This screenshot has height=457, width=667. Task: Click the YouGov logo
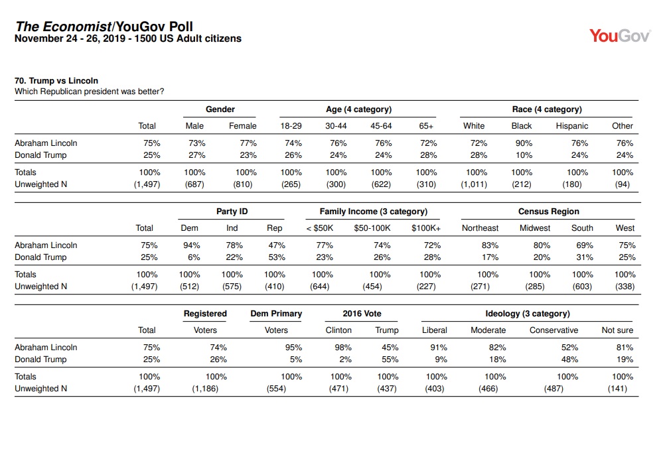tap(620, 36)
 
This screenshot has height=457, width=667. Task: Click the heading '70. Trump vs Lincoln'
tap(56, 81)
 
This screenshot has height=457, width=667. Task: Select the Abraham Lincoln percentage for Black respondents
tap(524, 143)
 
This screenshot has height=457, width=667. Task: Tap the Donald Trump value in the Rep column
tap(277, 257)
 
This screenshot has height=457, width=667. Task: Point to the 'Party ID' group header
tap(232, 212)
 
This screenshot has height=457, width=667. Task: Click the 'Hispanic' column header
tap(571, 126)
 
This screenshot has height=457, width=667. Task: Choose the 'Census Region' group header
tap(548, 212)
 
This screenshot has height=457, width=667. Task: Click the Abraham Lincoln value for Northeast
tap(490, 245)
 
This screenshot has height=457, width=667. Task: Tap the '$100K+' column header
tap(426, 228)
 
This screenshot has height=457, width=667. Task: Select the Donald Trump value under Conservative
tap(569, 359)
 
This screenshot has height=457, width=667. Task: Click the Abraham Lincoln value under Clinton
tap(343, 348)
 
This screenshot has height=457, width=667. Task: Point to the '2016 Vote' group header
tap(362, 314)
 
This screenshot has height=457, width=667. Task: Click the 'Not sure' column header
tap(617, 330)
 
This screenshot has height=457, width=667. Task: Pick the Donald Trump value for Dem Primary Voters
tap(295, 359)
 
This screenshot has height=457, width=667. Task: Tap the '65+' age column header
tap(426, 126)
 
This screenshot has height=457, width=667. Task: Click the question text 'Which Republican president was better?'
tap(90, 92)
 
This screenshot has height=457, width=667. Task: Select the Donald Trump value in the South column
tap(585, 257)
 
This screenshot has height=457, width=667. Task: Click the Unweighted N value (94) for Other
tap(622, 184)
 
